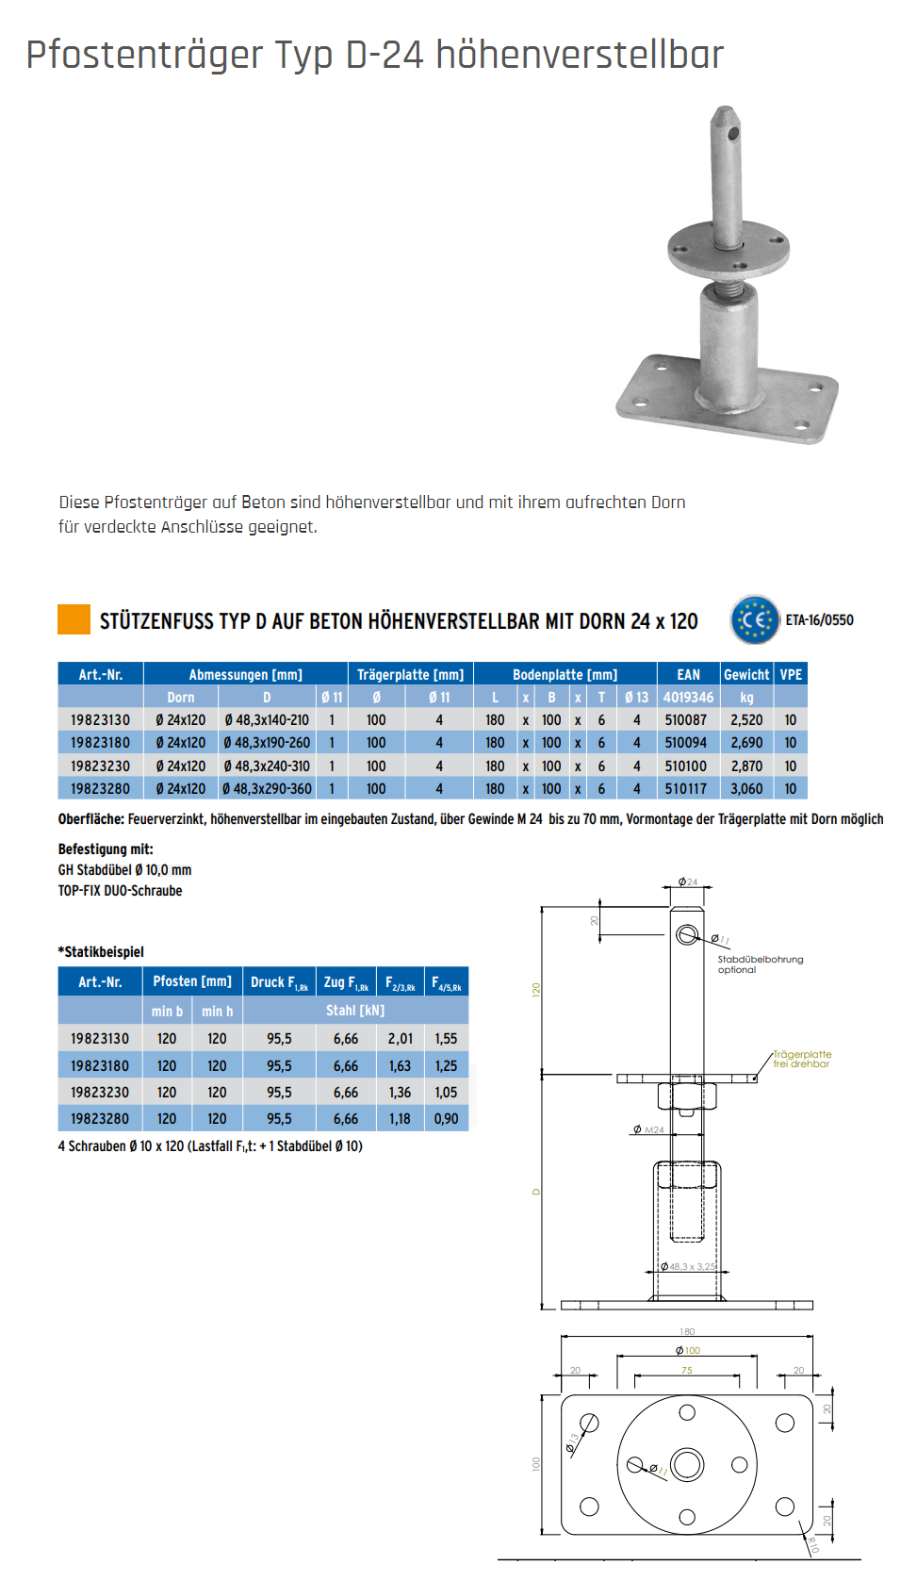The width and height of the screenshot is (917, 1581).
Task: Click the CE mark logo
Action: pyautogui.click(x=755, y=620)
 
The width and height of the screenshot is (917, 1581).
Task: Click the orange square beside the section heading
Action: pyautogui.click(x=74, y=619)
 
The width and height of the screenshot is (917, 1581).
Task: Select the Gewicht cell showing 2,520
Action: pyautogui.click(x=746, y=720)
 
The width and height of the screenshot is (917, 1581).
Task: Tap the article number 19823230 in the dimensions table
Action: pyautogui.click(x=100, y=766)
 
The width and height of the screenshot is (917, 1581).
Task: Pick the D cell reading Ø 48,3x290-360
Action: pyautogui.click(x=267, y=789)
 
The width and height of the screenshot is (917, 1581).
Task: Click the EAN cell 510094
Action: pyautogui.click(x=685, y=743)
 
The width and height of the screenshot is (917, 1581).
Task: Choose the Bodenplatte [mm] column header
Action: pyautogui.click(x=565, y=675)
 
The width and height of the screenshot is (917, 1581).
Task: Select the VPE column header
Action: pyautogui.click(x=791, y=675)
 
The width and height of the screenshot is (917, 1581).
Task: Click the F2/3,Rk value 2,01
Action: pyautogui.click(x=400, y=1039)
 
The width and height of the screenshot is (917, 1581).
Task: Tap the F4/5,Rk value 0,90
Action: pyautogui.click(x=446, y=1119)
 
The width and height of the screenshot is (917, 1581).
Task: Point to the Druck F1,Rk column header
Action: pyautogui.click(x=279, y=982)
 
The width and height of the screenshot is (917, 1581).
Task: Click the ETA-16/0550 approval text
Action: pyautogui.click(x=819, y=620)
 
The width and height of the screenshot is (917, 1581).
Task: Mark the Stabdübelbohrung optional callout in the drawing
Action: pyautogui.click(x=760, y=964)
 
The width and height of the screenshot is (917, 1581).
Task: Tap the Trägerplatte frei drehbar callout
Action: pyautogui.click(x=802, y=1059)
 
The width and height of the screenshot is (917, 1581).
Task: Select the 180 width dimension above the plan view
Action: pyautogui.click(x=687, y=1331)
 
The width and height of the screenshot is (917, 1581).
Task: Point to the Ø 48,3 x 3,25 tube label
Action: pyautogui.click(x=688, y=1266)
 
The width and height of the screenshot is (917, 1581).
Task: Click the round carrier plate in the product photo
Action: pyautogui.click(x=728, y=246)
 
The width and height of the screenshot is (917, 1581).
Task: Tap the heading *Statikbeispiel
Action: pyautogui.click(x=101, y=952)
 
